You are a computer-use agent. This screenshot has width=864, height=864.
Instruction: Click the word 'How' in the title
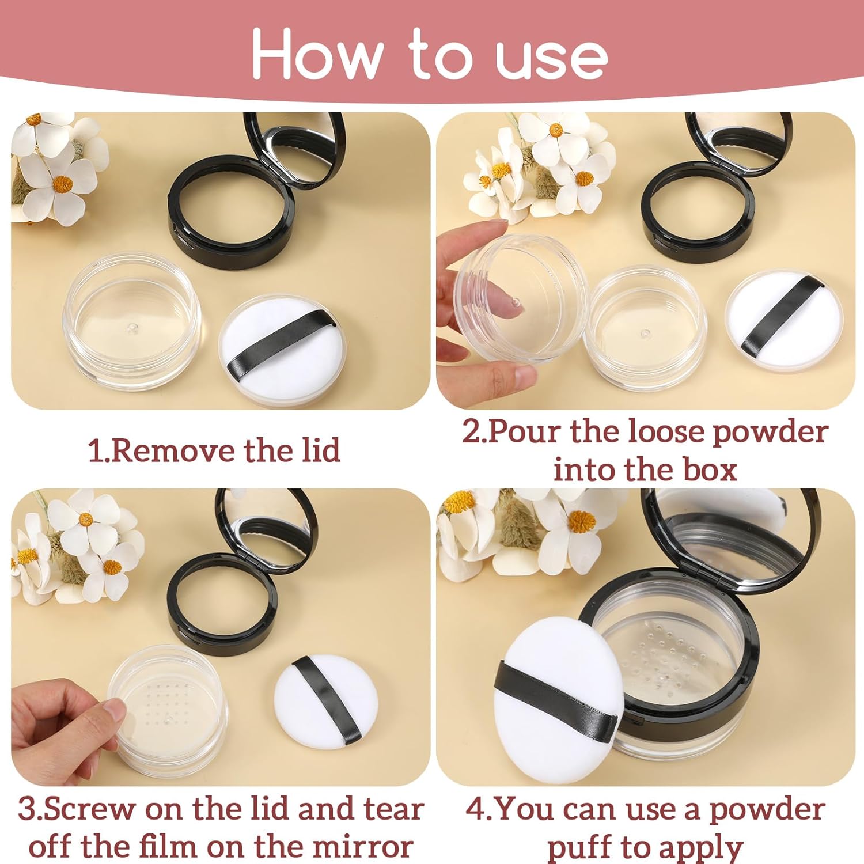[317, 55]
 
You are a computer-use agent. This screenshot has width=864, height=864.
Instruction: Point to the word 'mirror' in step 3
[362, 847]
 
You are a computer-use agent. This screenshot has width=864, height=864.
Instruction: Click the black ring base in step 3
[222, 605]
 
